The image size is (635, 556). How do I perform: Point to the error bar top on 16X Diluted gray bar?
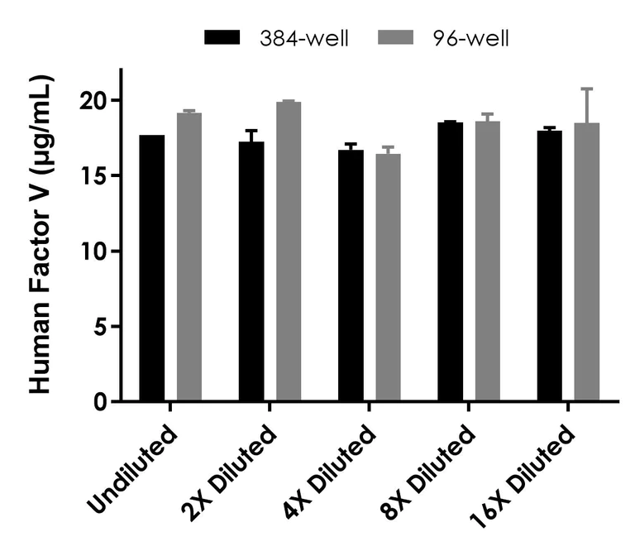click(x=586, y=89)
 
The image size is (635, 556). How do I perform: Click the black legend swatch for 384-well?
click(x=222, y=39)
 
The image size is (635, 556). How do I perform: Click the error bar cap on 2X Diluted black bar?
click(x=251, y=131)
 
